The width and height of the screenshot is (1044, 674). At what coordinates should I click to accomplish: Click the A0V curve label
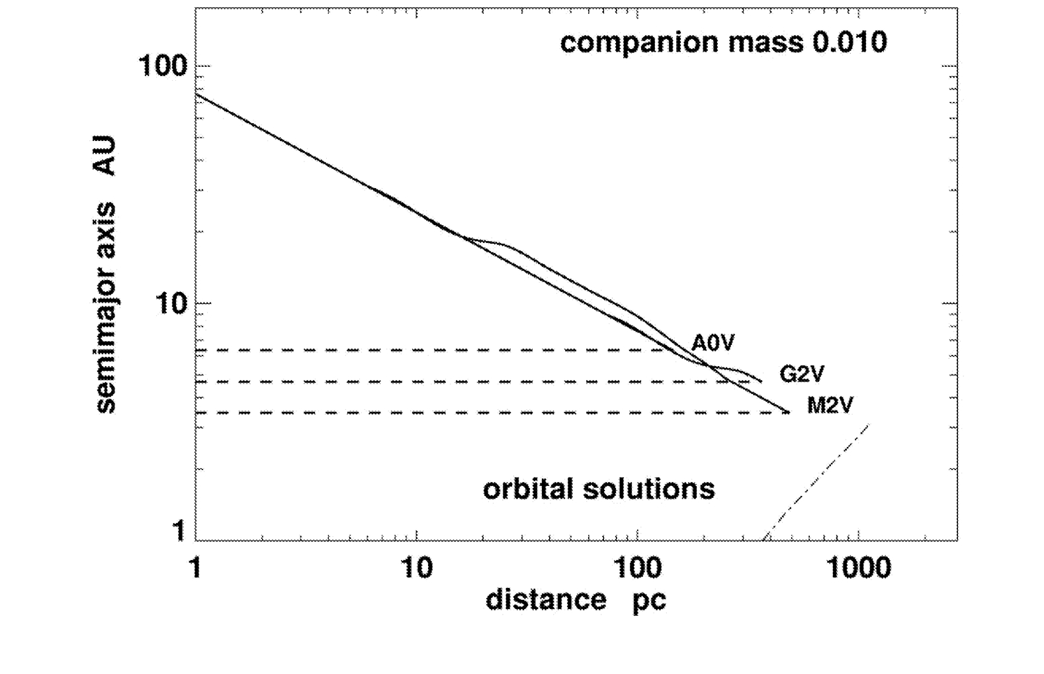tap(713, 343)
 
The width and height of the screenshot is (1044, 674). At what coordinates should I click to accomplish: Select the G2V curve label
tap(802, 374)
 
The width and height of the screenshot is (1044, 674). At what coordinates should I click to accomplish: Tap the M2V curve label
tap(830, 405)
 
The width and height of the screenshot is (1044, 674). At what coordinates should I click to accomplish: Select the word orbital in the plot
tap(527, 489)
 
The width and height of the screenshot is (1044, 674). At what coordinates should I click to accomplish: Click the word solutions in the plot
tap(649, 489)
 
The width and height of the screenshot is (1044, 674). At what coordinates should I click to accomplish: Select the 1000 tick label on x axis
tap(859, 568)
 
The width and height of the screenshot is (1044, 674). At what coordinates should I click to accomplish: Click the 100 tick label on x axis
tap(636, 568)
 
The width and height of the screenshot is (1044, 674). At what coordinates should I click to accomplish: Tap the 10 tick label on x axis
tap(417, 568)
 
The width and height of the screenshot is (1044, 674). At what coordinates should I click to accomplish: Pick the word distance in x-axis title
tap(546, 600)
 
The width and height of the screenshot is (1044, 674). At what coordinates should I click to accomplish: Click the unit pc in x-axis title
tap(649, 601)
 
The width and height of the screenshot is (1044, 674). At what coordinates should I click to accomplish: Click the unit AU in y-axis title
tap(105, 156)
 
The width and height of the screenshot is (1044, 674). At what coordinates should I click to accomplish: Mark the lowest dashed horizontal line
tap(463, 412)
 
